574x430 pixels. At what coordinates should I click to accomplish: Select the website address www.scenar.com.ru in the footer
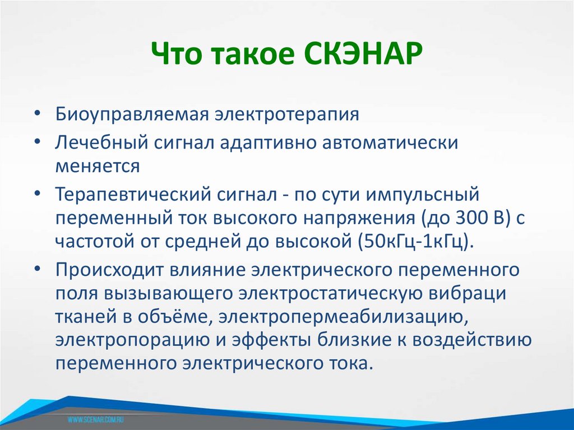pyautogui.click(x=96, y=419)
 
